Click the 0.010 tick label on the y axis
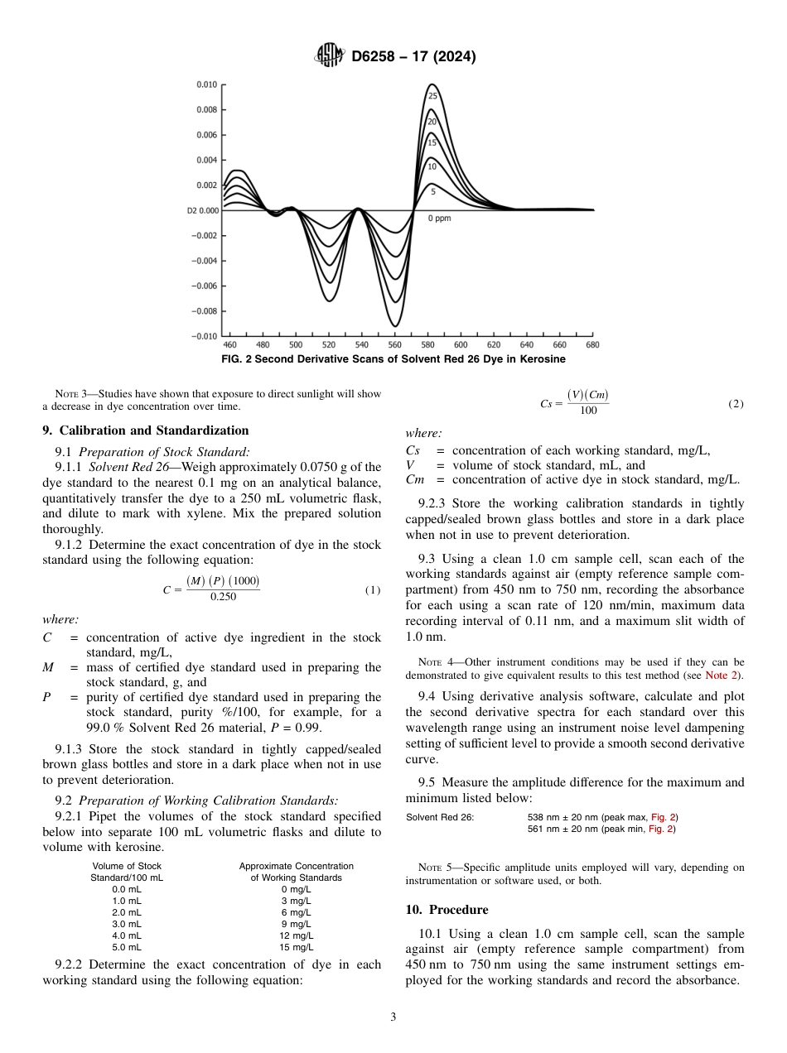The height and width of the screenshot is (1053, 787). (206, 84)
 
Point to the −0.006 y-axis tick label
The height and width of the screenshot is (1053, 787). (205, 286)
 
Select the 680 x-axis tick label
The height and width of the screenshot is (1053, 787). (592, 344)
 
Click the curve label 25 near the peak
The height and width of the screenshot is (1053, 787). (432, 96)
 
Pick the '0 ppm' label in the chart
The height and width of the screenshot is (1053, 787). (439, 219)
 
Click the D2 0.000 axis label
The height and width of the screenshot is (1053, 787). (202, 210)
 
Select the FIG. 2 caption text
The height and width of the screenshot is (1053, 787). (393, 359)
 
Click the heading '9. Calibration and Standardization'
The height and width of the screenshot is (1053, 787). (145, 430)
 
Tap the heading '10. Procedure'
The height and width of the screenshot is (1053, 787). (447, 910)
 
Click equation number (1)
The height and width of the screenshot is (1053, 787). (373, 590)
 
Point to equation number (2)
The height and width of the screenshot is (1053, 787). (736, 403)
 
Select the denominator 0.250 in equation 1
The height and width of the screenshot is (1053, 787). (223, 597)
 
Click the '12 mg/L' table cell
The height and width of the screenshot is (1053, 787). (296, 935)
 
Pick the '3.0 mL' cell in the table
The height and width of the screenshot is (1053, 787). (126, 924)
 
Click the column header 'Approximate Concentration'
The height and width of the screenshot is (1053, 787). (296, 866)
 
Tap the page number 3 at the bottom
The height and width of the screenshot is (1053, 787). (393, 1017)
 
